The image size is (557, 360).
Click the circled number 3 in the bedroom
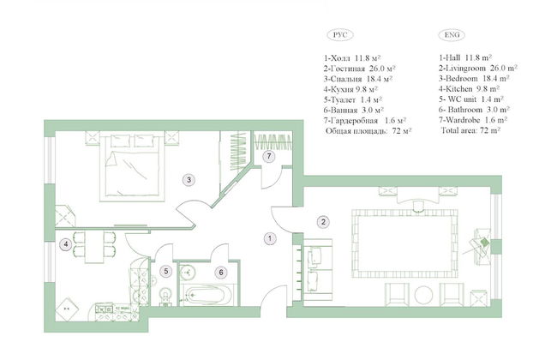(x=189, y=180)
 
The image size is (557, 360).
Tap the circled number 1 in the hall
(x=270, y=238)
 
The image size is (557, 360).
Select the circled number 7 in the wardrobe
(x=269, y=156)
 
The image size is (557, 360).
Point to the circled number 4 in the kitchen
(x=66, y=244)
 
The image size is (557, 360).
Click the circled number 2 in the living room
(x=323, y=222)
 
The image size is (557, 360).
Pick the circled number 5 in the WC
(x=166, y=272)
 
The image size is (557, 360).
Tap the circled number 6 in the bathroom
(x=221, y=273)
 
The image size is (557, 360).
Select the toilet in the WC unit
(x=165, y=297)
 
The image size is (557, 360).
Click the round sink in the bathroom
(x=187, y=273)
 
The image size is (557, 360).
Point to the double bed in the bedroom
(x=132, y=166)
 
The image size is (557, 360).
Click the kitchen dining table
(x=94, y=247)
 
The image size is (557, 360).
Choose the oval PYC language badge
(x=340, y=35)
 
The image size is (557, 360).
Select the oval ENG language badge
(x=452, y=34)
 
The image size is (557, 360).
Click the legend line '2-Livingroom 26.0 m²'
(x=478, y=68)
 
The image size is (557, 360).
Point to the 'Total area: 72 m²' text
(x=470, y=130)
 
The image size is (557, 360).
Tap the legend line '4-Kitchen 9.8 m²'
(x=469, y=88)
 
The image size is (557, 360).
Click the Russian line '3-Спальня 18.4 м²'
(x=357, y=79)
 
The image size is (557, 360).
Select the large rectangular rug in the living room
(x=404, y=243)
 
